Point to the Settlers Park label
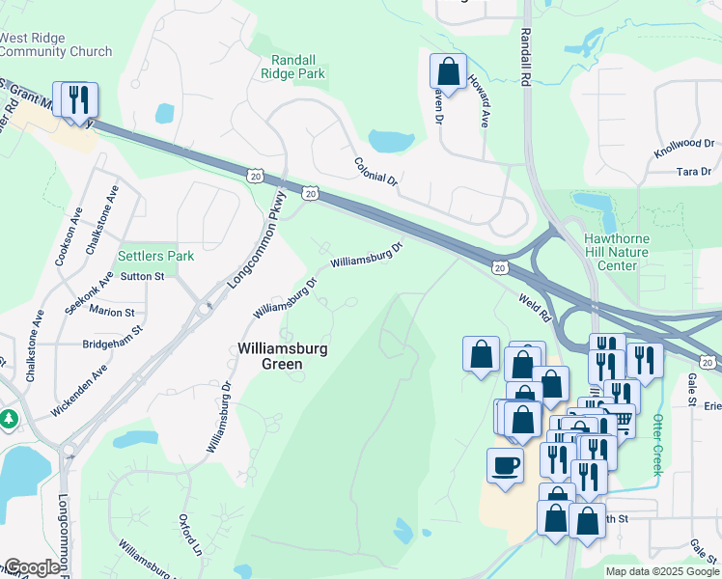click(x=155, y=256)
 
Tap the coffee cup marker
click(x=505, y=466)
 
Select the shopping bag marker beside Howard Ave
click(x=448, y=70)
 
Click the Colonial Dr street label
click(x=375, y=172)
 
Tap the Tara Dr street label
click(x=694, y=171)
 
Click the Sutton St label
click(x=142, y=276)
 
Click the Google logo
click(x=31, y=567)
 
